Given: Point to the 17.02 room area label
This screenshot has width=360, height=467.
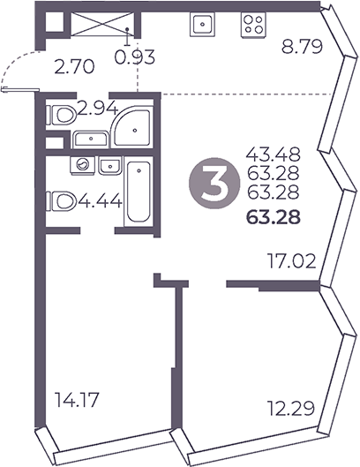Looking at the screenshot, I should (292, 260).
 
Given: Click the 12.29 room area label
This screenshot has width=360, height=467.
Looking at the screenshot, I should (290, 408).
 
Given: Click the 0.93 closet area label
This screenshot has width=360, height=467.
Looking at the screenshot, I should (136, 58).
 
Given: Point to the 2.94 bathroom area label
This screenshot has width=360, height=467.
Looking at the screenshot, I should (97, 109).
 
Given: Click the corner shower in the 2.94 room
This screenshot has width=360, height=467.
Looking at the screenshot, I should (133, 129).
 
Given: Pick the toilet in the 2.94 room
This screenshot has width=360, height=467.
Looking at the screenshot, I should (63, 114).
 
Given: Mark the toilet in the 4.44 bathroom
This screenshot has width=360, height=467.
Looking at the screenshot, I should (62, 201).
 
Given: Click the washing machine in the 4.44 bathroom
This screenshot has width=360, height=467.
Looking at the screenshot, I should (82, 164).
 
